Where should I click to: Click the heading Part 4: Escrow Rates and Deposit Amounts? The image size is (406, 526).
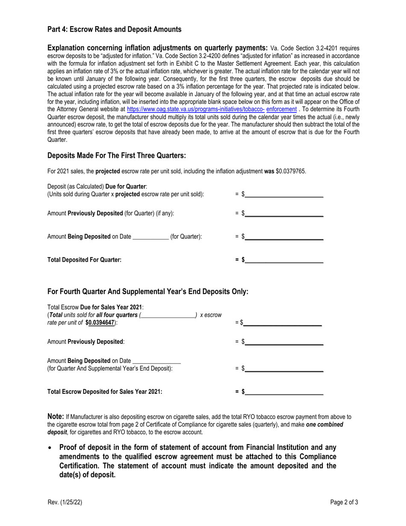coord(114,30)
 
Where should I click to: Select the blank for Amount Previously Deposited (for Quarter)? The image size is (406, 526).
coord(284,213)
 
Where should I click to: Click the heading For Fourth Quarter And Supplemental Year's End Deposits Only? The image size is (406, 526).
coord(147,292)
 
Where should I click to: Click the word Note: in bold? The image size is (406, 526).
coord(56,417)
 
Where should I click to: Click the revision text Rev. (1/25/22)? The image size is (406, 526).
coord(65,502)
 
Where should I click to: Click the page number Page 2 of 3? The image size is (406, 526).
coord(344,502)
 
